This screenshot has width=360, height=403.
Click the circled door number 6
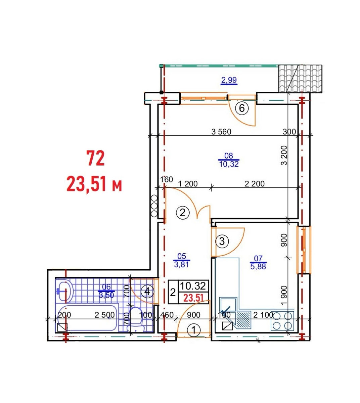[242, 108]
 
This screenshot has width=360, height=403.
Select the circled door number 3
[222, 241]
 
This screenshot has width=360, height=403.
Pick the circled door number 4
[147, 292]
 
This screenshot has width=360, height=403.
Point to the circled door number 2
[183, 213]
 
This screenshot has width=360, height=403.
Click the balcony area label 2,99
[229, 80]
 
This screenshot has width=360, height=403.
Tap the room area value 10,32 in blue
[229, 164]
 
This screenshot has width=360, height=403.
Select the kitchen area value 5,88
[258, 266]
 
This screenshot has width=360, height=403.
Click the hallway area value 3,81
[181, 265]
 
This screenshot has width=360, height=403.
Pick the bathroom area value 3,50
[106, 295]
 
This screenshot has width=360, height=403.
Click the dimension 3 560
[221, 132]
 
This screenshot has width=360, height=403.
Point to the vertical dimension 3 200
[284, 155]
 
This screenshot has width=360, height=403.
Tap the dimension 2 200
[255, 184]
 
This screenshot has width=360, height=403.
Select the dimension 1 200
[188, 184]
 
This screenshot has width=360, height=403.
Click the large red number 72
[96, 158]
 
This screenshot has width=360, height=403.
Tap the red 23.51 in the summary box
[193, 298]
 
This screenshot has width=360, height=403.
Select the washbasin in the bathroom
[64, 291]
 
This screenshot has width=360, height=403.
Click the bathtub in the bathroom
[88, 318]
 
